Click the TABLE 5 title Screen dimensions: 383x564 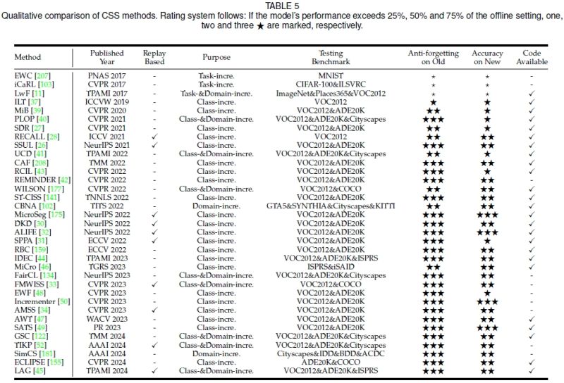point(282,6)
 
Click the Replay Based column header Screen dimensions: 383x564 point(154,57)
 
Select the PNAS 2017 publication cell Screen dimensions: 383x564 point(106,74)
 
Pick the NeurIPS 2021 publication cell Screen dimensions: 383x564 point(106,144)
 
